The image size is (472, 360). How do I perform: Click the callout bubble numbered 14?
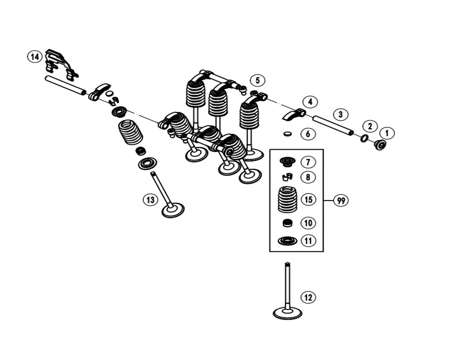click(35, 57)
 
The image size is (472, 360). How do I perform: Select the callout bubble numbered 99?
click(341, 201)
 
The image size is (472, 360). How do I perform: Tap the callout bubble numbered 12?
click(308, 297)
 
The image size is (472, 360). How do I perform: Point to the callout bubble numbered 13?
click(151, 199)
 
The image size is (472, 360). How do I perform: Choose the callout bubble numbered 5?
click(258, 80)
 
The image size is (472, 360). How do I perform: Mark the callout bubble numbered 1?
click(387, 133)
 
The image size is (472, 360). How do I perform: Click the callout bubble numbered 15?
click(308, 199)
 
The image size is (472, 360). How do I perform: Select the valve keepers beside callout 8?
click(288, 177)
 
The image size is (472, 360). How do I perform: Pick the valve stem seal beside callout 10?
click(288, 223)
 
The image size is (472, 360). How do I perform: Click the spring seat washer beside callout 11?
click(288, 240)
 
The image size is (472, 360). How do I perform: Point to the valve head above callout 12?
click(288, 313)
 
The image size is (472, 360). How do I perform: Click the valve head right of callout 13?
click(173, 210)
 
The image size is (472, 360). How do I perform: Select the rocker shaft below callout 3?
click(333, 125)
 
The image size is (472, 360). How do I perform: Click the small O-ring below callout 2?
click(365, 139)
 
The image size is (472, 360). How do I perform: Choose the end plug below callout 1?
click(380, 144)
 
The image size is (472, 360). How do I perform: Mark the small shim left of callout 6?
click(288, 134)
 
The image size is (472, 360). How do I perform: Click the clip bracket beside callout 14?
click(61, 64)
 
